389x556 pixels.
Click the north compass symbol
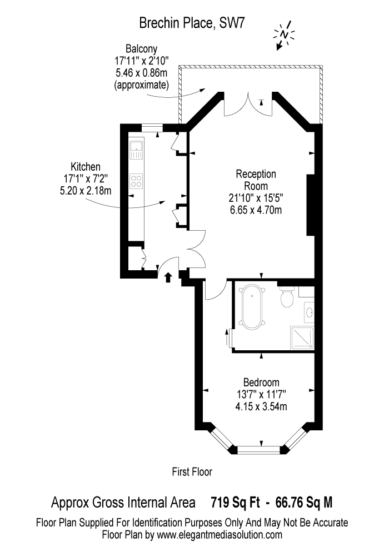pos(284,35)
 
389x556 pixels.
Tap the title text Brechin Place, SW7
pos(192,23)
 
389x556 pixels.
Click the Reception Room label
pos(256,180)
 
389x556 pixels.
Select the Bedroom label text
pos(261,383)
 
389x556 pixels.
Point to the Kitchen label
pos(86,166)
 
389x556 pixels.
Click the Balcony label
pos(141,48)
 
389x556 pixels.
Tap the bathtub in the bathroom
pos(252,307)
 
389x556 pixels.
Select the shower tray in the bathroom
pos(302,338)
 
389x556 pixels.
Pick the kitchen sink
pos(136,150)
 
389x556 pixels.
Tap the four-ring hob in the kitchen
pos(136,181)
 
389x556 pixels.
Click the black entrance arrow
pos(168,277)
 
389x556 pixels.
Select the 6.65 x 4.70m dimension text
pos(256,210)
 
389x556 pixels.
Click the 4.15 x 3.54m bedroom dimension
pos(261,406)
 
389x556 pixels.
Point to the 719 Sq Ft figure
pos(235,503)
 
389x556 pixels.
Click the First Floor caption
pos(192,471)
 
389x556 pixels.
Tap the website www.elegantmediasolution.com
pos(220,535)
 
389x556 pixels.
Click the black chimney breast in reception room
pos(311,205)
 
